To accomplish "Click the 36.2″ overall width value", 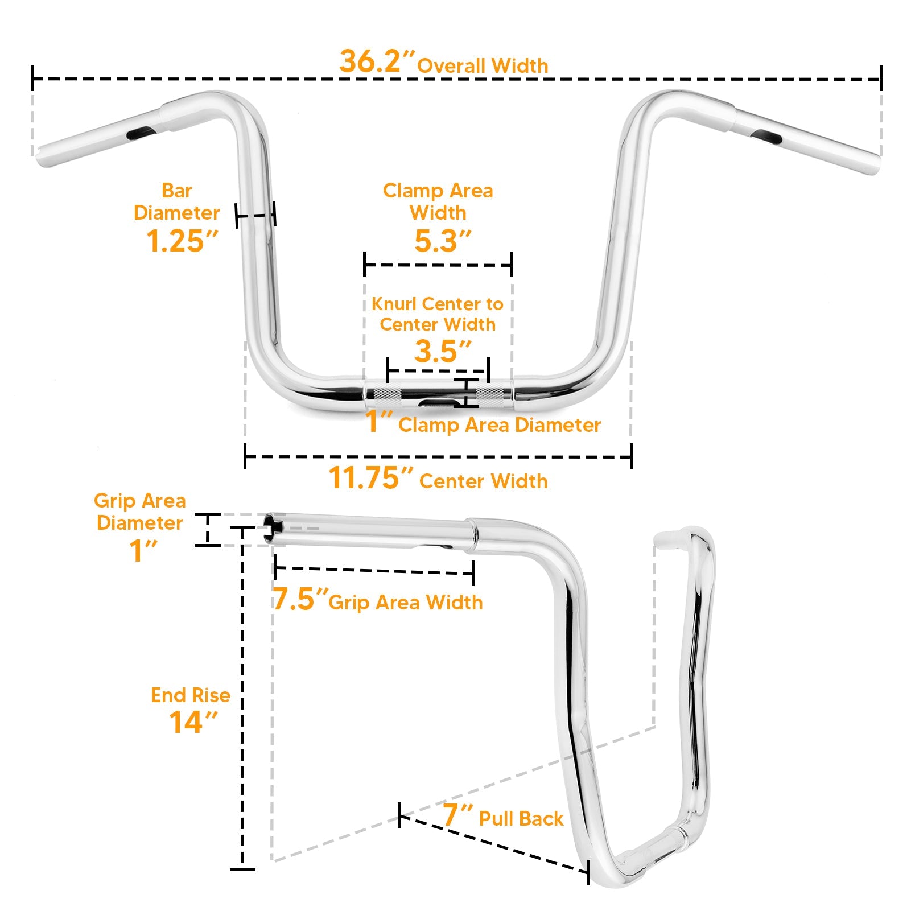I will coord(377,61).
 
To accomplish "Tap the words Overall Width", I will coord(483,66).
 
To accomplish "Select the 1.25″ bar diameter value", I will coord(182,241).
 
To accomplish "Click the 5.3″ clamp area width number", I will coord(443,241).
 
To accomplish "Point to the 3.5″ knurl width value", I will coord(443,351).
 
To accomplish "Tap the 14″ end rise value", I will coord(193,723).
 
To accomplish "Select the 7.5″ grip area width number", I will coord(300,599).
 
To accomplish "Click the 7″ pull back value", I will coord(457,815).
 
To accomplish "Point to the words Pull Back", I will coord(521,819).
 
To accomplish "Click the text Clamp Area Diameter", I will coord(500,425).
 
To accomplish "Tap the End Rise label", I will coord(191,695).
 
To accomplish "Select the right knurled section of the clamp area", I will coord(490,394).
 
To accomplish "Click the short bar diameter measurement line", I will coord(255,215).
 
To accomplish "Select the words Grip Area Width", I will coord(406,603).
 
